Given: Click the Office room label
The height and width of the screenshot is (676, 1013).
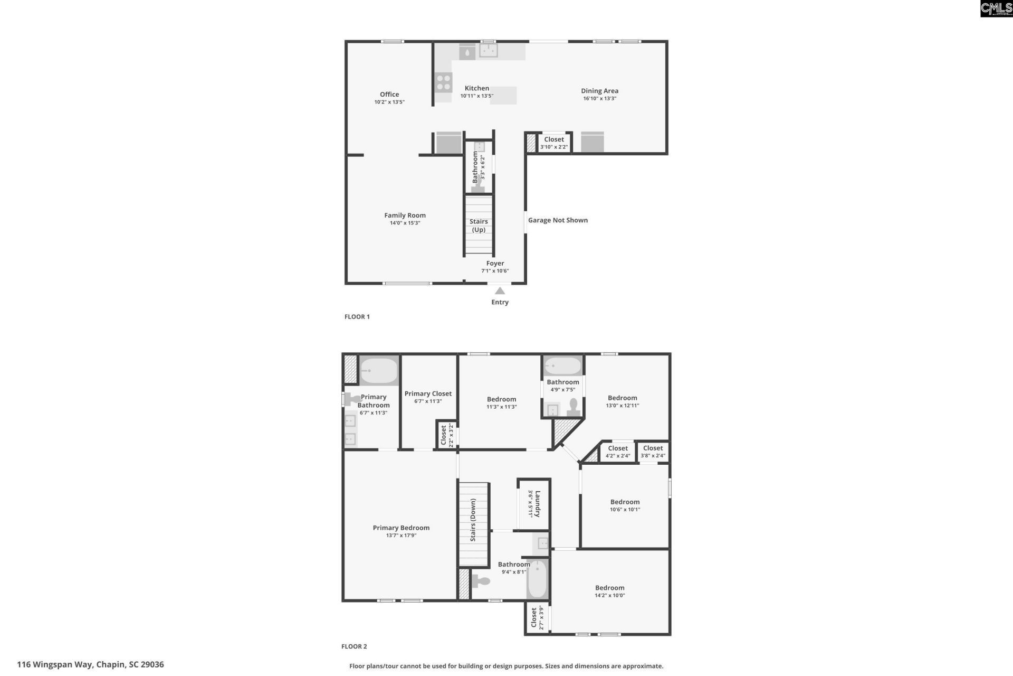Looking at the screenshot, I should coord(389,95).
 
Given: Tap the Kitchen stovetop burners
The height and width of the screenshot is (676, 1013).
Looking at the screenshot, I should coord(444,82).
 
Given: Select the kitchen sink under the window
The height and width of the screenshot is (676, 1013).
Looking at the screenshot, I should coord(489,51).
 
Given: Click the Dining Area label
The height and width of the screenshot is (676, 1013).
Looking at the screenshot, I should coord(599,91).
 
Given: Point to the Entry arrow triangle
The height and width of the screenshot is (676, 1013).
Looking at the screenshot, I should coord(500,291).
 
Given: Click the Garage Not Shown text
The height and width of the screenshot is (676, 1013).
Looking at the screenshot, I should coord(558,220).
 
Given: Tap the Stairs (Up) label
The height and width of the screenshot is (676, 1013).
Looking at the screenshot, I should coord(479,226).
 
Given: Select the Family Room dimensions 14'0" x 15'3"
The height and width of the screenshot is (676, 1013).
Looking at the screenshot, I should coord(405,223).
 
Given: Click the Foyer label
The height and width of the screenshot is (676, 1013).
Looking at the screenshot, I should coord(495,263).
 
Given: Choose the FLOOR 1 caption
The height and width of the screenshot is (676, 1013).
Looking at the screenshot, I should coord(357,317).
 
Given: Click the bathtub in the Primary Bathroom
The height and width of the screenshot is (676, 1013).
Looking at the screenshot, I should coord(379,371).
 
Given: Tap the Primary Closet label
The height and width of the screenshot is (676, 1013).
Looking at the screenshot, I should coord(428,393).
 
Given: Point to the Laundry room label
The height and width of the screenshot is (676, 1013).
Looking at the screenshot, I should coord(537,504).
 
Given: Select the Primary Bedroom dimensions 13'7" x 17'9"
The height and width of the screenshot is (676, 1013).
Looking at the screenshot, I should coord(401,536).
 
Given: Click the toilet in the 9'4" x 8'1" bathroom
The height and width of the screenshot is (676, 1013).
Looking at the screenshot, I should coord(481,581).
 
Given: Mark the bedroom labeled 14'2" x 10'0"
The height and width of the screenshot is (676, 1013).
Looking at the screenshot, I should coord(609,588).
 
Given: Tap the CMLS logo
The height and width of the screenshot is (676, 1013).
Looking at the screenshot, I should coord(996,8).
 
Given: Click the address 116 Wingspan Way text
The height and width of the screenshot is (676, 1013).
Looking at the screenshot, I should coord(90,664).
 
